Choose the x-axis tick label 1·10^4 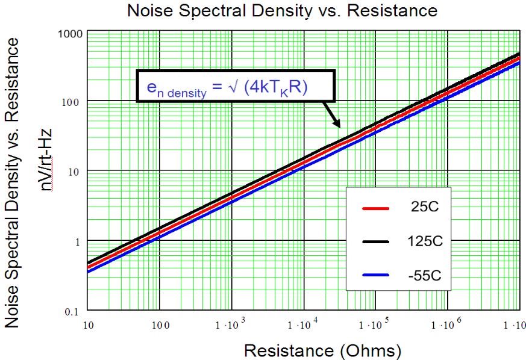pyautogui.click(x=299, y=325)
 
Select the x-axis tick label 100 pyautogui.click(x=160, y=325)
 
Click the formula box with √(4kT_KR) pyautogui.click(x=234, y=87)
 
